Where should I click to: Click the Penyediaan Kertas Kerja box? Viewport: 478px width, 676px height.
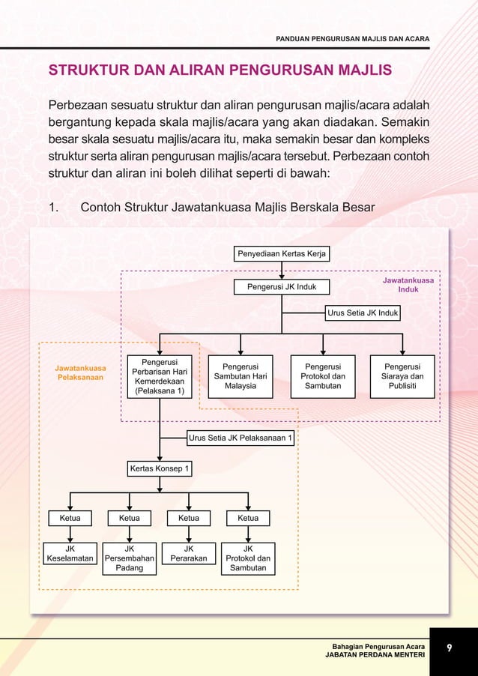pyautogui.click(x=282, y=254)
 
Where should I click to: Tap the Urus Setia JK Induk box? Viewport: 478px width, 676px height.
pyautogui.click(x=363, y=313)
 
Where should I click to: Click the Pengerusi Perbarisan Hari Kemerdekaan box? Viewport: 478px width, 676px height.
pyautogui.click(x=159, y=376)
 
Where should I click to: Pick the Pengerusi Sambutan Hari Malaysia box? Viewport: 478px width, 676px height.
pyautogui.click(x=240, y=376)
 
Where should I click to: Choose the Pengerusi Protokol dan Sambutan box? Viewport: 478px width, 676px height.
pyautogui.click(x=322, y=376)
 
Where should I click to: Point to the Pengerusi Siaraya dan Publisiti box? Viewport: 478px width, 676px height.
pyautogui.click(x=403, y=376)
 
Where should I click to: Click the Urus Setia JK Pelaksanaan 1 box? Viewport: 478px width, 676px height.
pyautogui.click(x=240, y=438)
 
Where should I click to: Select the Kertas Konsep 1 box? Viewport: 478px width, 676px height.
pyautogui.click(x=160, y=469)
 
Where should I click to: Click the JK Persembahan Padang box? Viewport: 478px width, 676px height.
pyautogui.click(x=129, y=558)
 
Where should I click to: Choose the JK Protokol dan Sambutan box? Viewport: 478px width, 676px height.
pyautogui.click(x=248, y=558)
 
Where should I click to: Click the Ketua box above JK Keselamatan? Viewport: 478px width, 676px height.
pyautogui.click(x=70, y=518)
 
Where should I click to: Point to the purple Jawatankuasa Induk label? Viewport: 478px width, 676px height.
pyautogui.click(x=408, y=284)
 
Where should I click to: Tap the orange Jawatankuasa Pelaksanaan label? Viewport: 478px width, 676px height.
pyautogui.click(x=80, y=372)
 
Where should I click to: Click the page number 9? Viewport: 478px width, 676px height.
pyautogui.click(x=450, y=648)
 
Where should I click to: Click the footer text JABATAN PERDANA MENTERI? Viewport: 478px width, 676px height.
pyautogui.click(x=375, y=655)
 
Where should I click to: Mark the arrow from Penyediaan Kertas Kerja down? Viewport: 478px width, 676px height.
pyautogui.click(x=282, y=271)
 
